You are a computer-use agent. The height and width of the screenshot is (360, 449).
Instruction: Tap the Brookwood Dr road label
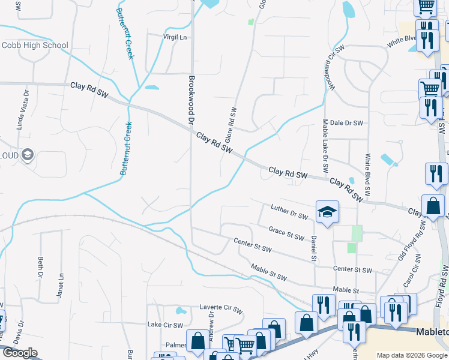point(192,100)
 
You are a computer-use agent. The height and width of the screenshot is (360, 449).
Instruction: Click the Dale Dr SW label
point(347,123)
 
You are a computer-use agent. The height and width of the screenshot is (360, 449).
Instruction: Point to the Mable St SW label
point(269,273)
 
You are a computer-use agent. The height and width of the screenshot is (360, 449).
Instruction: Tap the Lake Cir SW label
point(164,325)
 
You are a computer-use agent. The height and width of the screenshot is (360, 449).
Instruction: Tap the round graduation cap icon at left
point(27,155)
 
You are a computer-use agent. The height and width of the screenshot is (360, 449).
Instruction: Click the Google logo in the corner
point(20,353)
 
